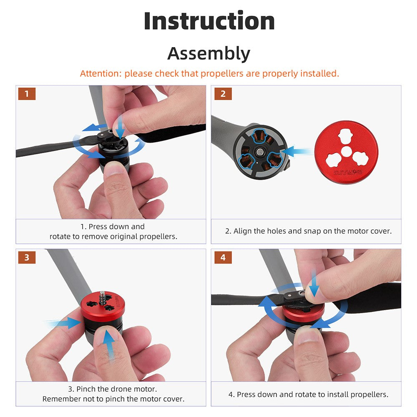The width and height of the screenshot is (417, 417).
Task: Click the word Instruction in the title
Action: pyautogui.click(x=209, y=21)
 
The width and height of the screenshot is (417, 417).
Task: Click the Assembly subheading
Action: pyautogui.click(x=209, y=53)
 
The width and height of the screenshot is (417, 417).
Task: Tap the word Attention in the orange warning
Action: pyautogui.click(x=100, y=73)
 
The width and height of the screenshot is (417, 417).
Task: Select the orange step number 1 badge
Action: pyautogui.click(x=27, y=93)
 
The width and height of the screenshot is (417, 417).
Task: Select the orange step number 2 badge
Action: pyautogui.click(x=223, y=93)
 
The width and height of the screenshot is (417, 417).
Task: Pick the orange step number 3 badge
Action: pyautogui.click(x=27, y=257)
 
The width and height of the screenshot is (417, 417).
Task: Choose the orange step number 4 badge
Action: pyautogui.click(x=223, y=257)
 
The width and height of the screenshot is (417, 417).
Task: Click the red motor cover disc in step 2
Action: pyautogui.click(x=346, y=152)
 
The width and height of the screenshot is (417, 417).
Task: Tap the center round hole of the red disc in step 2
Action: pyautogui.click(x=346, y=152)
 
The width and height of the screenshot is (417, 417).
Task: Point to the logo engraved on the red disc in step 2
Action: pyautogui.click(x=348, y=173)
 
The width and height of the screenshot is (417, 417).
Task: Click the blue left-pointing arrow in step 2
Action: pyautogui.click(x=297, y=152)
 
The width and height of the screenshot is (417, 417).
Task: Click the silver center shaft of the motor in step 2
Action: pyautogui.click(x=259, y=152)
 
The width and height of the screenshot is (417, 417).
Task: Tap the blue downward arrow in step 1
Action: pyautogui.click(x=120, y=127)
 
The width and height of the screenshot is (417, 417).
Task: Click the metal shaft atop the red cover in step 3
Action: pyautogui.click(x=102, y=299)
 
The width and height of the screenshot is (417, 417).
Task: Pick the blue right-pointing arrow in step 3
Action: pyautogui.click(x=63, y=323)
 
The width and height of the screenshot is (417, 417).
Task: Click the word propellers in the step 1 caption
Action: pyautogui.click(x=158, y=236)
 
